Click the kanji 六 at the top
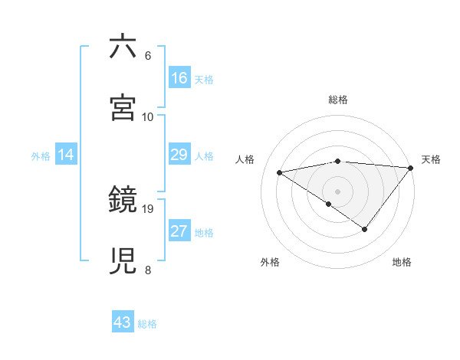[123, 47]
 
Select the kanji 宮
[123, 107]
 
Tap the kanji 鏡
[123, 200]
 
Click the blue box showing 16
[179, 78]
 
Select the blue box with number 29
[179, 155]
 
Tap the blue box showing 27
[179, 232]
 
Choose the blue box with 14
[66, 155]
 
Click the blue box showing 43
[123, 323]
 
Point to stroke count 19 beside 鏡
[148, 208]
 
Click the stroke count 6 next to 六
[148, 56]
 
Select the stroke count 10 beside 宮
[148, 116]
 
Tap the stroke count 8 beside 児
[148, 270]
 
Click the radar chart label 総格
[338, 100]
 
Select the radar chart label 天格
[431, 159]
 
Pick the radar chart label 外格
[270, 262]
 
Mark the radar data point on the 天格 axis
[410, 168]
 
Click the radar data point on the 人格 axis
[280, 172]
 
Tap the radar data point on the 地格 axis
[365, 229]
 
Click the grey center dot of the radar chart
[338, 191]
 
